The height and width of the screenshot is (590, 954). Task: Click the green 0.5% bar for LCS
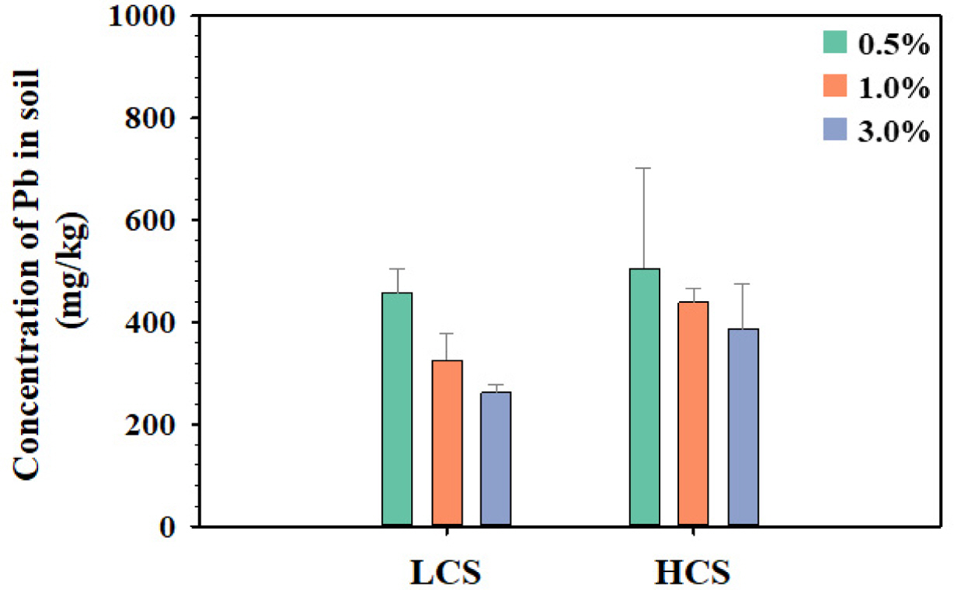click(x=397, y=409)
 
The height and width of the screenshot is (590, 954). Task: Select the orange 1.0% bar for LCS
click(x=447, y=443)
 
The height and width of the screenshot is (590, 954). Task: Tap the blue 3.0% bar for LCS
click(x=496, y=459)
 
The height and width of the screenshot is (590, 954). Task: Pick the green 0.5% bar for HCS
click(x=644, y=397)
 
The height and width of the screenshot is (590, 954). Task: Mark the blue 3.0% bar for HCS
click(x=743, y=427)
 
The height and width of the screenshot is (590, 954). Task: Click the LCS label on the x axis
click(x=446, y=572)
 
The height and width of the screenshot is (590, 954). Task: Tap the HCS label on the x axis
click(x=694, y=572)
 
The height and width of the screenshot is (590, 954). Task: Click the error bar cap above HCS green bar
click(x=644, y=168)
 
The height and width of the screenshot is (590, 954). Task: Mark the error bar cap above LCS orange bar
click(x=447, y=334)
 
